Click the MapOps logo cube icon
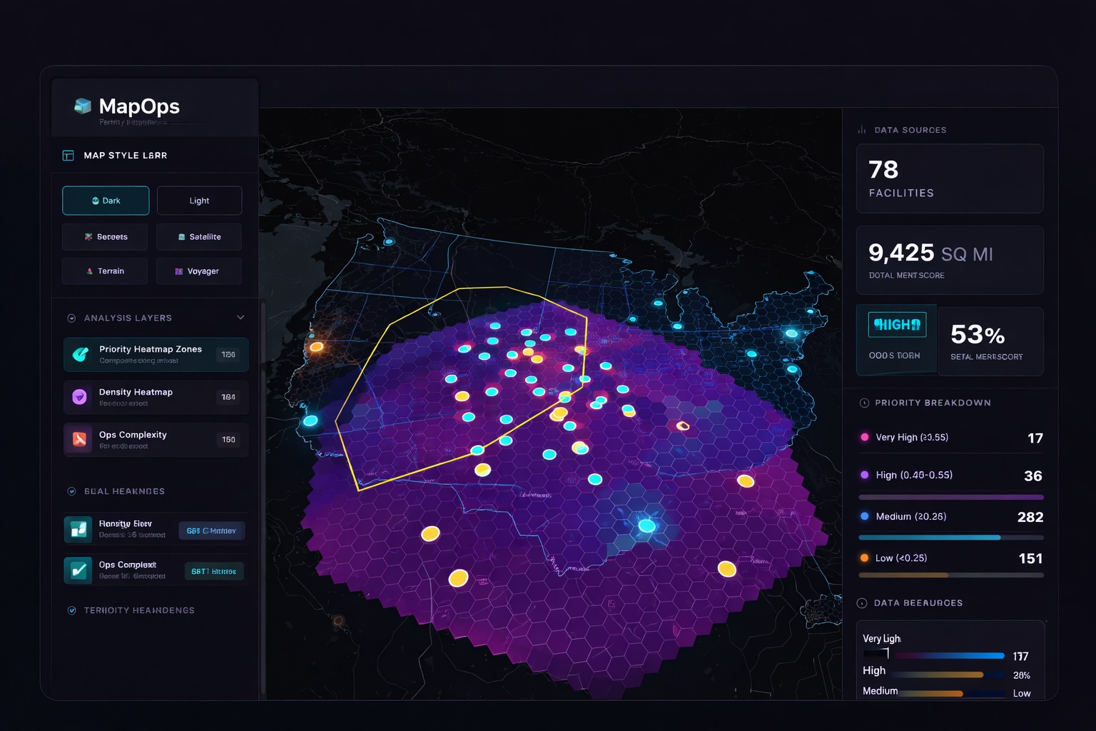point(83,106)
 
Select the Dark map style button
point(106,201)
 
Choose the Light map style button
point(199,201)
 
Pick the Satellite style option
point(199,237)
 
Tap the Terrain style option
point(105,271)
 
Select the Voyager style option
point(199,271)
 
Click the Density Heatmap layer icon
point(79,397)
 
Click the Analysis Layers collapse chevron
point(240,318)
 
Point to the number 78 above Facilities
point(883,170)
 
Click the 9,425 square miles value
point(901,253)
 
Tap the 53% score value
point(978,334)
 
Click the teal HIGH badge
point(897,325)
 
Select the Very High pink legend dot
point(865,437)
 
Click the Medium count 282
point(1030,517)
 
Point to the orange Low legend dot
point(865,558)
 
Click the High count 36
point(1032,476)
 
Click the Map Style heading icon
point(68,156)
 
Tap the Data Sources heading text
point(910,130)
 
